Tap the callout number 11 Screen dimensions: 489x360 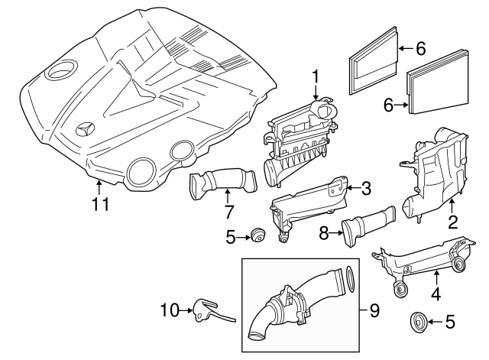(x=100, y=204)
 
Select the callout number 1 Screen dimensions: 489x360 (x=316, y=76)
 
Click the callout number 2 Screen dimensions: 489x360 (x=452, y=222)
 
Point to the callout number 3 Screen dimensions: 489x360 (x=366, y=188)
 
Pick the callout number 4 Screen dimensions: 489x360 (x=436, y=294)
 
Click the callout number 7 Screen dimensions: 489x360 (x=228, y=212)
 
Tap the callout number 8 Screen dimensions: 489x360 (x=324, y=233)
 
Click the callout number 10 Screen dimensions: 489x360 (x=170, y=310)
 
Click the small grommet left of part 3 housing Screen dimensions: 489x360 (x=257, y=235)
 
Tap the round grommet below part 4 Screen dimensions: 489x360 (x=418, y=322)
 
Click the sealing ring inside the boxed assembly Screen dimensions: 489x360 (x=350, y=280)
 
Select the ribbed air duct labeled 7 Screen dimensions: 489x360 (x=223, y=183)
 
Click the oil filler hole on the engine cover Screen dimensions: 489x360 (x=61, y=69)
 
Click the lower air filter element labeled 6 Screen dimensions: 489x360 (x=438, y=82)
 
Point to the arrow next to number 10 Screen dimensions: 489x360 (x=186, y=310)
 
